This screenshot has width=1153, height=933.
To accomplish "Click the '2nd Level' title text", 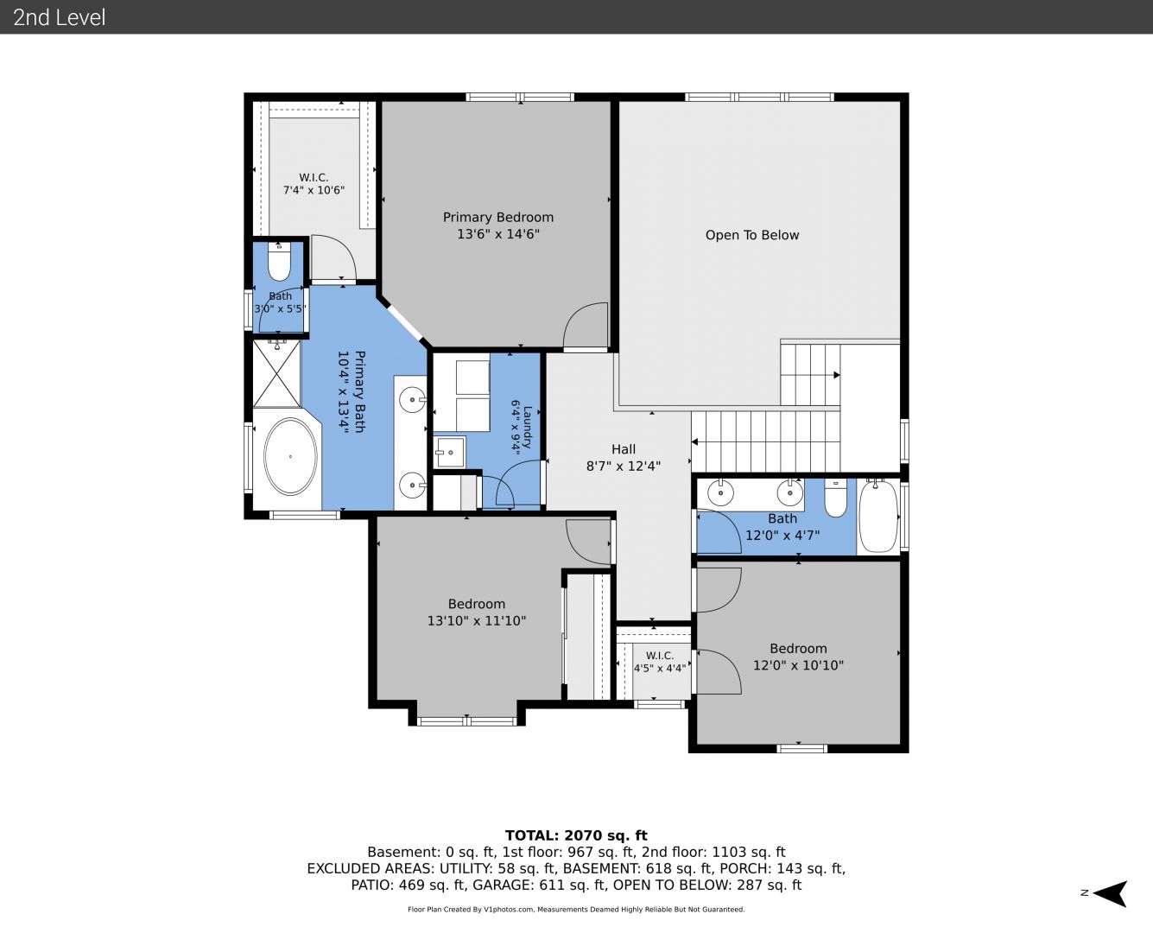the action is click(x=59, y=17).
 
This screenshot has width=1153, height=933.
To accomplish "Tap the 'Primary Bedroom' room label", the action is click(x=498, y=218).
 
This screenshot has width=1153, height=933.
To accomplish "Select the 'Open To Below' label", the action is click(x=752, y=235).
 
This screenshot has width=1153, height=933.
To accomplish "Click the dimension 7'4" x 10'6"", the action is click(x=314, y=190).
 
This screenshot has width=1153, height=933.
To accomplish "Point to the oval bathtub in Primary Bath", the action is click(x=290, y=456).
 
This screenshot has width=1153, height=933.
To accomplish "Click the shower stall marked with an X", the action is click(x=276, y=373).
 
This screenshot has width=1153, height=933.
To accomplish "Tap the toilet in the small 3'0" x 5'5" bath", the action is click(x=279, y=262).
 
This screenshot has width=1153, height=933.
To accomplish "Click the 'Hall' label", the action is click(x=623, y=449).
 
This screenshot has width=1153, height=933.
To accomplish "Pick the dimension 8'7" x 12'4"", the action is click(x=623, y=466).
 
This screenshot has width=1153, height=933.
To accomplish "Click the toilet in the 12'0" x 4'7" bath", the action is click(x=836, y=498).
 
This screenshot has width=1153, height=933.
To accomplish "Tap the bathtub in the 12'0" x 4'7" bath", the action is click(x=878, y=516).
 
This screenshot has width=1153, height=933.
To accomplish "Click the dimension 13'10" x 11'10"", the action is click(x=477, y=620).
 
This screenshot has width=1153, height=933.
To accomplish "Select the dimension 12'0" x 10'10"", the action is click(x=798, y=665).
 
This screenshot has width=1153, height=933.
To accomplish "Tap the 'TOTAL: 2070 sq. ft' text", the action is click(x=576, y=835).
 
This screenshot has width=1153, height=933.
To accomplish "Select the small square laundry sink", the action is click(x=450, y=452).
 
